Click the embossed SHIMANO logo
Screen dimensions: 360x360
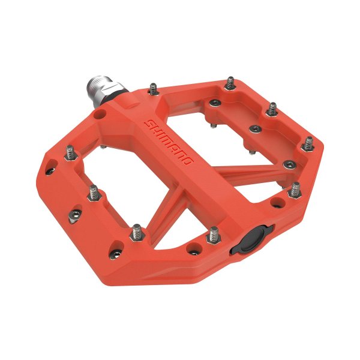[x=170, y=143]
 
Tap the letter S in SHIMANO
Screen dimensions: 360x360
[x=148, y=124]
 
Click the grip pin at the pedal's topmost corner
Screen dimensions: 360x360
[x=231, y=83]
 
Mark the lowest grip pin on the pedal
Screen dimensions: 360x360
[x=137, y=231]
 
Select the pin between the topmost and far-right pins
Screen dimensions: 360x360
[x=272, y=110]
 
